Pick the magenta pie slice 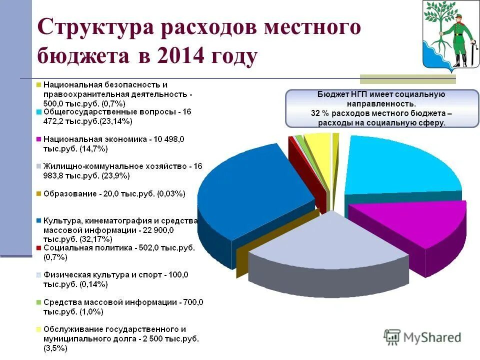[415, 225]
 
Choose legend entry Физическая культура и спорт [115, 274]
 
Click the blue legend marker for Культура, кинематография [38, 220]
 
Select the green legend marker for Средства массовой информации [38, 302]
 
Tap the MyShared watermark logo [422, 337]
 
